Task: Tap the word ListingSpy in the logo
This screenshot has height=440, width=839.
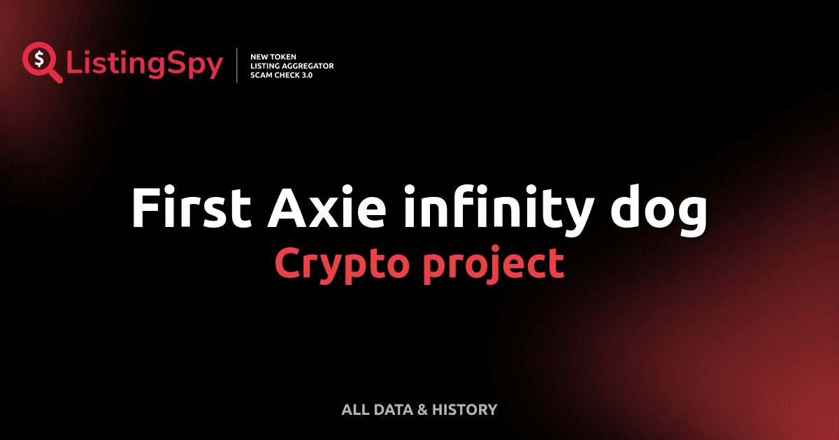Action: (145, 64)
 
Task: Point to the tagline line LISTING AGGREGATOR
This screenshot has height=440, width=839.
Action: (292, 66)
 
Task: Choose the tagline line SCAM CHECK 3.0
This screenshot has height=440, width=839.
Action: (281, 75)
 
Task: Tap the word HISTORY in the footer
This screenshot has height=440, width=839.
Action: (465, 409)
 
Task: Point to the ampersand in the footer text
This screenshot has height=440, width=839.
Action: (422, 409)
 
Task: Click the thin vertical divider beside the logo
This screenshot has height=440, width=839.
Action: (238, 66)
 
